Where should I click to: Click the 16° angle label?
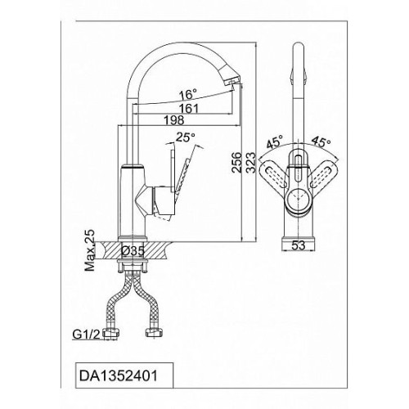[188, 95]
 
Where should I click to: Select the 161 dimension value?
[188, 109]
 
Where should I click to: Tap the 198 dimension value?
[174, 120]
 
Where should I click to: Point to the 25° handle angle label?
[186, 137]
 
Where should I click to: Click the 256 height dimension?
[236, 163]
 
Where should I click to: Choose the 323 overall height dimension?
[251, 163]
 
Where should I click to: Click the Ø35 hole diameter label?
[133, 251]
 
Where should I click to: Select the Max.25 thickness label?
[89, 250]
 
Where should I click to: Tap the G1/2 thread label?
[87, 335]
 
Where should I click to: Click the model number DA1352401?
[118, 376]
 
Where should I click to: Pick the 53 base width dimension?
[299, 245]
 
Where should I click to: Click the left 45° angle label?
[276, 142]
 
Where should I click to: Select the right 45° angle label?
[321, 142]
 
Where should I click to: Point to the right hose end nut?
[155, 333]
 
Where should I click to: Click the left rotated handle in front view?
[273, 174]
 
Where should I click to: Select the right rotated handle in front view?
[323, 174]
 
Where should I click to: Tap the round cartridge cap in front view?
[298, 200]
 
